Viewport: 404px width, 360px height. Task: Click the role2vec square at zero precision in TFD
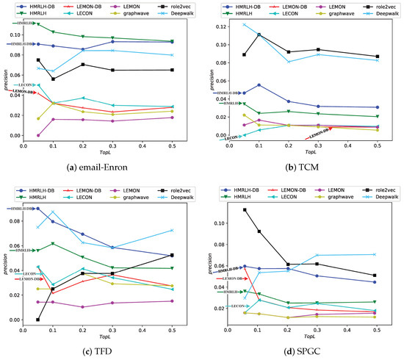(x=38, y=320)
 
